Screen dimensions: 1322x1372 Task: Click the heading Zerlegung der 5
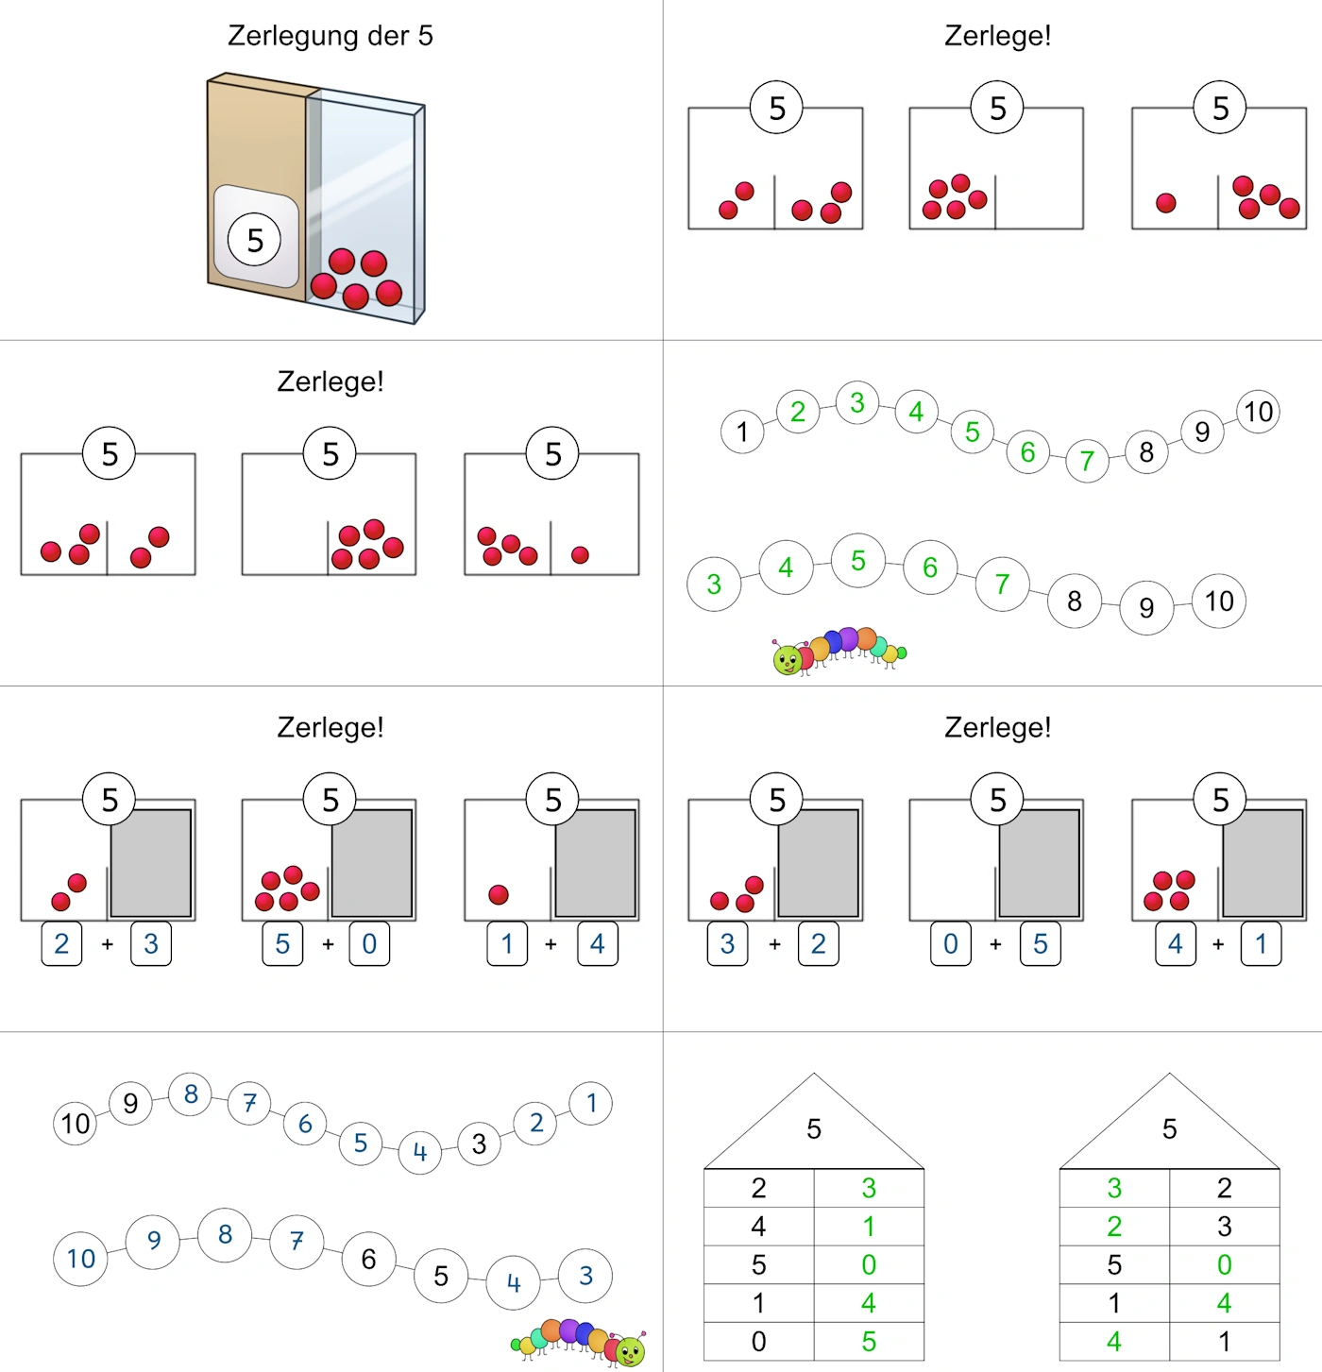pos(330,36)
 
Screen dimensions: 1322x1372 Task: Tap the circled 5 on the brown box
pos(255,240)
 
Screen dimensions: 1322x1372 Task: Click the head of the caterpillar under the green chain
pos(787,659)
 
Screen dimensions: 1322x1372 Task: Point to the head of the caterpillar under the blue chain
pos(630,1350)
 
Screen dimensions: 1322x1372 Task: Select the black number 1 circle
pos(741,432)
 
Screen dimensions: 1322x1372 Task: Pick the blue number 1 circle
pos(591,1104)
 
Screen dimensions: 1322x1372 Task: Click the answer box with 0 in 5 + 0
pos(369,943)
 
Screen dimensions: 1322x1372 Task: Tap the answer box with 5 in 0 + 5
pos(1040,943)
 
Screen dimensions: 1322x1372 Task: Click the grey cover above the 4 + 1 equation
pos(1263,863)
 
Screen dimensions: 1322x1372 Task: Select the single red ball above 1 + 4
pos(499,895)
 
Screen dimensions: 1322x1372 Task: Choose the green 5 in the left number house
pos(869,1341)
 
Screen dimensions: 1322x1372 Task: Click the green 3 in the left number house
pos(869,1188)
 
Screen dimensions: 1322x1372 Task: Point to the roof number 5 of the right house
pos(1169,1128)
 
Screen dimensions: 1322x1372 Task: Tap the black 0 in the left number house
pos(758,1341)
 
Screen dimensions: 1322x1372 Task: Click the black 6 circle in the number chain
pos(369,1259)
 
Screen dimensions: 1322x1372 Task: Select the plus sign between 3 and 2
pos(774,944)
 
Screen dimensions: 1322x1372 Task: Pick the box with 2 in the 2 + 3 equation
pos(61,943)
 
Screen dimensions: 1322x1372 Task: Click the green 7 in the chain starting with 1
pos(1087,461)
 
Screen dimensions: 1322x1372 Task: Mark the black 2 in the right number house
pos(1224,1188)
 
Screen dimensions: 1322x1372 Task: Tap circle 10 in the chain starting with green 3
pos(1218,601)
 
